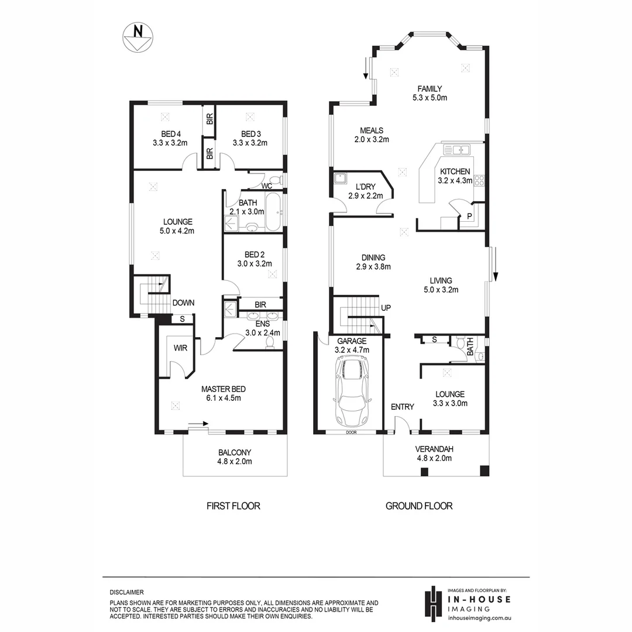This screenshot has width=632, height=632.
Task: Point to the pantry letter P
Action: pyautogui.click(x=469, y=217)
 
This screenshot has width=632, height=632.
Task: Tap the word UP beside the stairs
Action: pyautogui.click(x=386, y=308)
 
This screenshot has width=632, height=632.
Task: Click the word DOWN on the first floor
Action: pyautogui.click(x=183, y=303)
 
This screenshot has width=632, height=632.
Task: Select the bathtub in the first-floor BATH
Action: pyautogui.click(x=273, y=212)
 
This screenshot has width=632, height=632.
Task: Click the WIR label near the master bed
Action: pyautogui.click(x=179, y=348)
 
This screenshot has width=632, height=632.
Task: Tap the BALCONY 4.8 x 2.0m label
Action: pyautogui.click(x=235, y=456)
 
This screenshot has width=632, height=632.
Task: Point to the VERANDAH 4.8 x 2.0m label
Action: pyautogui.click(x=434, y=454)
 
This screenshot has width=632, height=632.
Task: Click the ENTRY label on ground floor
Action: pyautogui.click(x=402, y=407)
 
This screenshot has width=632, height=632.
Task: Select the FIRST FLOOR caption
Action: pyautogui.click(x=233, y=506)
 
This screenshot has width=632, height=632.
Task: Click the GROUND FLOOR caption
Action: pyautogui.click(x=418, y=506)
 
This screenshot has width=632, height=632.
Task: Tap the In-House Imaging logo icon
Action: pyautogui.click(x=432, y=602)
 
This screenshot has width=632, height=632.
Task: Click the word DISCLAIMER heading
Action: pyautogui.click(x=126, y=592)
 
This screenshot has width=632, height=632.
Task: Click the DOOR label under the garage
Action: pyautogui.click(x=351, y=432)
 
